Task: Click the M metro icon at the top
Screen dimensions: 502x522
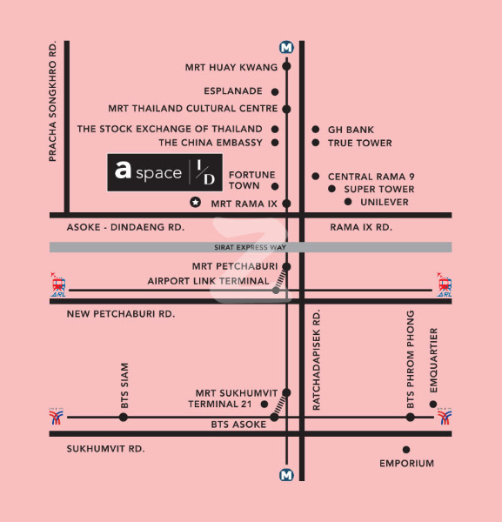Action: click(x=286, y=48)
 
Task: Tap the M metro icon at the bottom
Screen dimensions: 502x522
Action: click(x=286, y=475)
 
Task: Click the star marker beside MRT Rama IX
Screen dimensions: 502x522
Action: click(x=196, y=202)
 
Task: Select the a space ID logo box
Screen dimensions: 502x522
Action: click(x=164, y=172)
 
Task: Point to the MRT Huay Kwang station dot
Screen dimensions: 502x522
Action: click(x=286, y=66)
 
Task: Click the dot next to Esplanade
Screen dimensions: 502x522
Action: click(x=275, y=92)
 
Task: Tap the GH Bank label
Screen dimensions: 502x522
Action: click(x=351, y=130)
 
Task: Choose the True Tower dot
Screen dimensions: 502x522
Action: click(x=316, y=143)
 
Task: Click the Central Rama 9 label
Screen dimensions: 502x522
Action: click(x=371, y=177)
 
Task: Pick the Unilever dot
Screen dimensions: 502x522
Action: click(x=348, y=202)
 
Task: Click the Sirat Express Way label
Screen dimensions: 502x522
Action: click(x=250, y=247)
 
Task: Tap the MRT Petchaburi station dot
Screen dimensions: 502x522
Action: click(x=286, y=266)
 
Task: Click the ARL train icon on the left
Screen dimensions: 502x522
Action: click(x=58, y=284)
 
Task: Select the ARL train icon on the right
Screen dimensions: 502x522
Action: click(x=445, y=284)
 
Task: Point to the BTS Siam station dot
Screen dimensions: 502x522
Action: click(x=124, y=417)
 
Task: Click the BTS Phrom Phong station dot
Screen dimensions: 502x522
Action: click(x=410, y=417)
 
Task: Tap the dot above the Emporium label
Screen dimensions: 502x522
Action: click(x=406, y=450)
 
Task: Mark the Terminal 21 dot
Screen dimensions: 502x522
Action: click(x=264, y=405)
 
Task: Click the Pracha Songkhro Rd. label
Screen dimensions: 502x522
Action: click(x=52, y=101)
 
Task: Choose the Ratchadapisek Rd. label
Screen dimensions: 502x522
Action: click(x=316, y=360)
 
